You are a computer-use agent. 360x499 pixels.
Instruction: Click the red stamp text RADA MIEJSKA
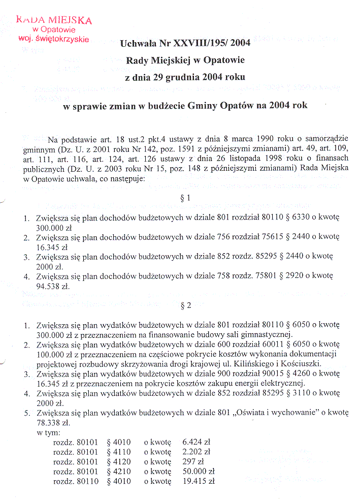tap(54, 20)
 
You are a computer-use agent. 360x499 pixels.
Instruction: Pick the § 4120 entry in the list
tap(119, 461)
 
